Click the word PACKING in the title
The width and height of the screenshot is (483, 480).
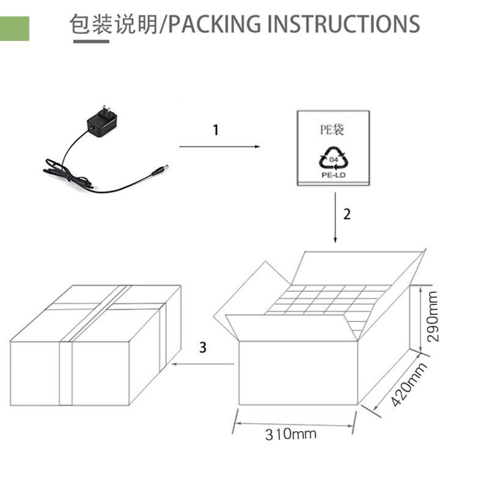(x=214, y=24)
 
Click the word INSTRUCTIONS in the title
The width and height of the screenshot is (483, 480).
(x=343, y=24)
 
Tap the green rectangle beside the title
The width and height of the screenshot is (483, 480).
(x=15, y=29)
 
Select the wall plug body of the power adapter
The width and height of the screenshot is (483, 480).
(x=102, y=122)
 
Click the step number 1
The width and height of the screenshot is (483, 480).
(x=216, y=130)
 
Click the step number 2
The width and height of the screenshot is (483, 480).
(x=347, y=215)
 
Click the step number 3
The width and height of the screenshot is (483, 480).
(x=203, y=347)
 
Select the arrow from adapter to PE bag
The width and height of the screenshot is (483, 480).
(x=219, y=147)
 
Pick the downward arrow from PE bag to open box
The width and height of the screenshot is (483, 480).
(x=336, y=218)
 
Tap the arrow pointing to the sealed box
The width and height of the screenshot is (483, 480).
(x=203, y=364)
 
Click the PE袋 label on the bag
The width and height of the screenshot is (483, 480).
(x=332, y=130)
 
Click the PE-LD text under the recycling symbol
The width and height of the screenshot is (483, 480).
(x=334, y=175)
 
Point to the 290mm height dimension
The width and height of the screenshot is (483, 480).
(x=433, y=316)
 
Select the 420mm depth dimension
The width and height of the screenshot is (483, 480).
(x=409, y=385)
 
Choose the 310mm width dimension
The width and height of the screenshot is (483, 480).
(x=291, y=434)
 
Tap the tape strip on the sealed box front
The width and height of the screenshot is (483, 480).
(x=65, y=374)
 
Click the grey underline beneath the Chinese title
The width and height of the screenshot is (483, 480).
(x=91, y=42)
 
